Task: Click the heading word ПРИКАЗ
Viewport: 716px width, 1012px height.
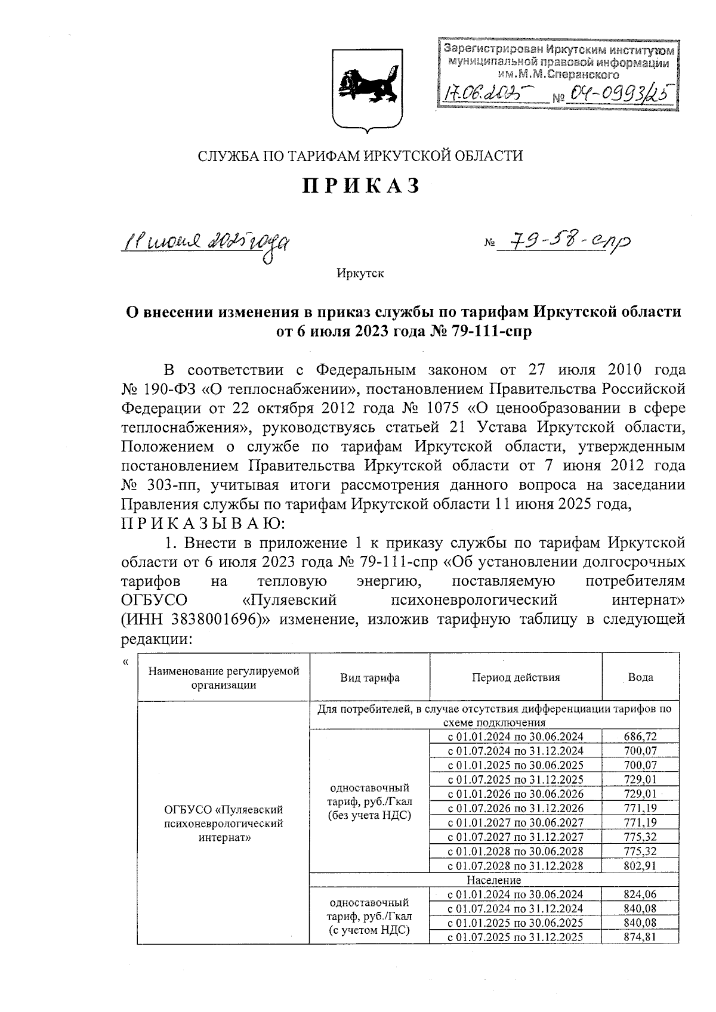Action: tap(361, 186)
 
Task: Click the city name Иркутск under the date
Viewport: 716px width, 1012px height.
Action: tap(360, 274)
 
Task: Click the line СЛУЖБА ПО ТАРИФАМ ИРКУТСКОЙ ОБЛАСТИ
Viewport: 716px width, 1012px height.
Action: tap(360, 156)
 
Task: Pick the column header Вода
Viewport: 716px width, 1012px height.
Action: tap(640, 677)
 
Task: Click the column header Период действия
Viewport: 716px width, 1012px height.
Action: tap(516, 677)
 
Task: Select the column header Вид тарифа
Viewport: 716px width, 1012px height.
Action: tap(369, 677)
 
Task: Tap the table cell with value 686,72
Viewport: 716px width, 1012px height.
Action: tap(640, 736)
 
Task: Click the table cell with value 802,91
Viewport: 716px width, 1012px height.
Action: tap(640, 865)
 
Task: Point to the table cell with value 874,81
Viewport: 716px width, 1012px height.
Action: tap(640, 937)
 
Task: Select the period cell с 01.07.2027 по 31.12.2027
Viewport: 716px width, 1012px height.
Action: tap(516, 837)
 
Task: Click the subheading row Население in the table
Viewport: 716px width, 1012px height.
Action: tap(493, 880)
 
